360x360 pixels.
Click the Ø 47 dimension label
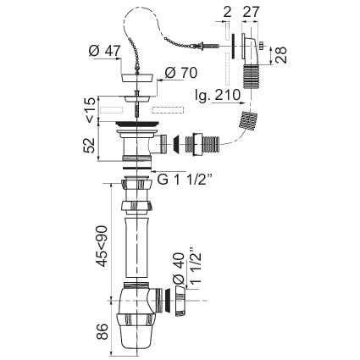coord(105,51)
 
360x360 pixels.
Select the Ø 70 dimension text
coord(181,73)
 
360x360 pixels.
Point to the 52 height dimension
coord(90,146)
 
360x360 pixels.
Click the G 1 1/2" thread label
coord(184,180)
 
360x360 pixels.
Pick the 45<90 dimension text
coord(102,246)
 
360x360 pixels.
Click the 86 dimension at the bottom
coord(102,331)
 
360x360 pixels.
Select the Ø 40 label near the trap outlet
coord(179,268)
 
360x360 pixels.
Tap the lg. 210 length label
coord(218,96)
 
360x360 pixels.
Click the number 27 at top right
coord(251,12)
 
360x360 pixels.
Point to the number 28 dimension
coord(281,55)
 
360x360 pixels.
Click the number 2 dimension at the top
coord(227,12)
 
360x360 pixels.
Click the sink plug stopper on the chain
coord(137,77)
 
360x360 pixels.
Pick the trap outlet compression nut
coord(180,301)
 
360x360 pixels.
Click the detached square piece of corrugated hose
coord(248,120)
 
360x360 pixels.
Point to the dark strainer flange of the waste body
coord(137,124)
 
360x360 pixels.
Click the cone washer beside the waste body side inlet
coord(176,145)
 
